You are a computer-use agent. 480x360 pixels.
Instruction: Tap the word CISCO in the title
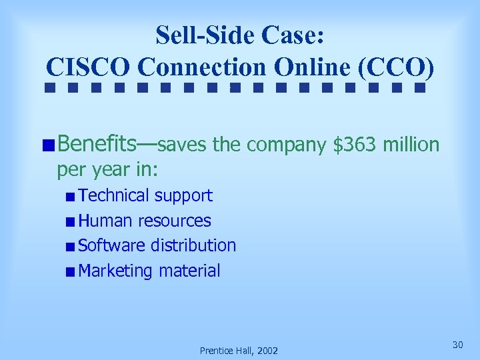pyautogui.click(x=89, y=68)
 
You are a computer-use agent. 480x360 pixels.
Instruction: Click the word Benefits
pyautogui.click(x=98, y=143)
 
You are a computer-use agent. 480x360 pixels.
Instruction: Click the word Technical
pyautogui.click(x=113, y=196)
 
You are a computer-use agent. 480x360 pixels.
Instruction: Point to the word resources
pyautogui.click(x=175, y=221)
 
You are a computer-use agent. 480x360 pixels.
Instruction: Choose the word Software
pyautogui.click(x=111, y=245)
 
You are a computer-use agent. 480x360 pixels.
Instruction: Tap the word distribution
pyautogui.click(x=193, y=245)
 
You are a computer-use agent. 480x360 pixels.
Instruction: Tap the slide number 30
pyautogui.click(x=457, y=344)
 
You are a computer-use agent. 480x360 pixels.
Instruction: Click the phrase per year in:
pyautogui.click(x=107, y=170)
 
